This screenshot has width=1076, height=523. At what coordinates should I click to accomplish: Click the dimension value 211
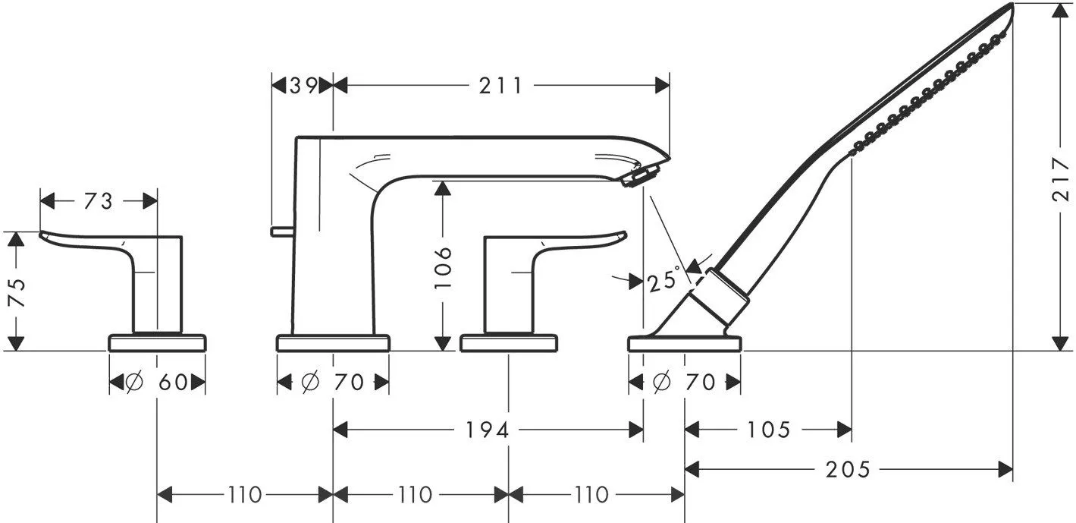(x=500, y=86)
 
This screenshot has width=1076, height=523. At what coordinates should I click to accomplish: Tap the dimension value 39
(x=303, y=86)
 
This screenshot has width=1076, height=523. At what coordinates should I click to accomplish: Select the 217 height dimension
(x=1061, y=179)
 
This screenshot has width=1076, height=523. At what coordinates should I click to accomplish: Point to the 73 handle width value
(x=98, y=201)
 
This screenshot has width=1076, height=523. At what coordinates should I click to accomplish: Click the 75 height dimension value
(x=17, y=292)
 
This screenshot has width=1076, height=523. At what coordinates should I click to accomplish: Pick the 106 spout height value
(x=443, y=268)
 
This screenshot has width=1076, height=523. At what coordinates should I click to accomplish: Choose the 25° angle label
(x=664, y=280)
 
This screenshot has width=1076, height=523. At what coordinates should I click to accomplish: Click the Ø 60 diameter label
(x=156, y=383)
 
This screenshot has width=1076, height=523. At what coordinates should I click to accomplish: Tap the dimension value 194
(x=487, y=430)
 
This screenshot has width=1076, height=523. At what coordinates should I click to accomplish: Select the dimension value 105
(x=769, y=430)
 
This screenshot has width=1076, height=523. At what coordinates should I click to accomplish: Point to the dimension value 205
(x=848, y=469)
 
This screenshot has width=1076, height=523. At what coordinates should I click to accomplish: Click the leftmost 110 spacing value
(x=244, y=494)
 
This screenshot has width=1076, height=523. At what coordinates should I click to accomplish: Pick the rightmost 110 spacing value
(x=591, y=494)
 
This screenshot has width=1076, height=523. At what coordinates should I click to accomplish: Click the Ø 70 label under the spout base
(x=332, y=383)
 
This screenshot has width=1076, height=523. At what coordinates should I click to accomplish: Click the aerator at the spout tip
(x=640, y=175)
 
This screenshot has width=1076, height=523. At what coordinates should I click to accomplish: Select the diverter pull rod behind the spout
(x=282, y=232)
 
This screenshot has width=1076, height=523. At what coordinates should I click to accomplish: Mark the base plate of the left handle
(x=158, y=343)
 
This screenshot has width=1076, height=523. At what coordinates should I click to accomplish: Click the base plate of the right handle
(x=509, y=343)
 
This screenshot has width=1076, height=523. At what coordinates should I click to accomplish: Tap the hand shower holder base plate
(x=685, y=344)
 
